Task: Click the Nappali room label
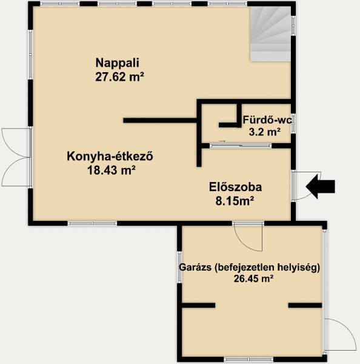[118, 63]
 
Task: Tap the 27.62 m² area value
[119, 77]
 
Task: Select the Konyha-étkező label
[110, 157]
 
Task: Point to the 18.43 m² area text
[112, 170]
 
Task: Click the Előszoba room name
[235, 187]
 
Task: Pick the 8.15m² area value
[235, 201]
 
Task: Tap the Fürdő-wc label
[267, 120]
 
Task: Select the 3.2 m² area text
[264, 132]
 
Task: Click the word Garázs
[195, 268]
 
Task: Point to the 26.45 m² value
[253, 278]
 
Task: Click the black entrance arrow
[321, 186]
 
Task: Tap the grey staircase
[270, 34]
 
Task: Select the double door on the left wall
[16, 157]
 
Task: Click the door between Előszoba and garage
[248, 237]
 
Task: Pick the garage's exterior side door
[340, 334]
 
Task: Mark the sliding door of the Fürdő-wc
[241, 146]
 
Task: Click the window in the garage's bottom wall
[250, 360]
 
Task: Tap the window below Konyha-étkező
[92, 223]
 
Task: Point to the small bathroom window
[293, 124]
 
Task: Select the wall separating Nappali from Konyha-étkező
[160, 120]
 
